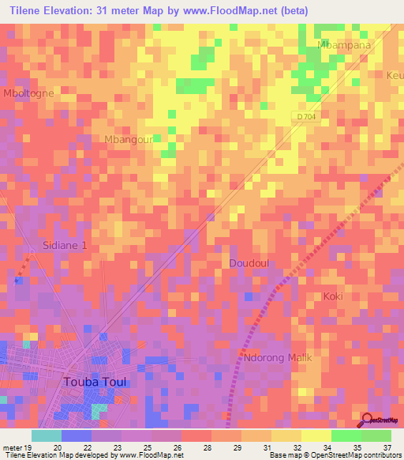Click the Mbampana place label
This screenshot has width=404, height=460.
pos(343,45)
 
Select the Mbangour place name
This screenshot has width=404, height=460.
pos(127,139)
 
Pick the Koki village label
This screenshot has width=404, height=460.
pos(333,296)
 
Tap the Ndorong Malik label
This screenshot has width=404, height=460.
pos(279,357)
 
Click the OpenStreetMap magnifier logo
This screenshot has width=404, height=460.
pos(366,420)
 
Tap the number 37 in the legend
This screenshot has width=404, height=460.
pos(387,447)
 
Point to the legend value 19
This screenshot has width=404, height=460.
pos(29,447)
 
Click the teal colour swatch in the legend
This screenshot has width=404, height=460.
pos(47,435)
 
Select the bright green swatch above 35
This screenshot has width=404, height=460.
pos(346,435)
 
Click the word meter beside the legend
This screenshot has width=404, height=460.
pos(12,447)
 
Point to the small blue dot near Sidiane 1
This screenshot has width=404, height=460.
pos(17,279)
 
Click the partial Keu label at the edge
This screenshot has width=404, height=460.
pos(395,76)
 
